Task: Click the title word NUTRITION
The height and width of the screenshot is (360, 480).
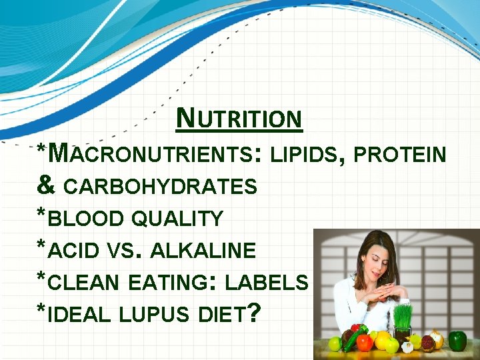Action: coord(240,119)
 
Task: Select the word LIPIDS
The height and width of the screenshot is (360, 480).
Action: coord(306,155)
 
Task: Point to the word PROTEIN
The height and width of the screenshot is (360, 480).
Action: coord(400,155)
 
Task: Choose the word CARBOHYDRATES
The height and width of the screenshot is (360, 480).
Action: coord(160,187)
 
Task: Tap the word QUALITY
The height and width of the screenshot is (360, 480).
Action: coord(177,218)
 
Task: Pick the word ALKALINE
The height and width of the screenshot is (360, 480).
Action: coord(203,251)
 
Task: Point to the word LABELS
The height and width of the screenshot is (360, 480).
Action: coord(267,282)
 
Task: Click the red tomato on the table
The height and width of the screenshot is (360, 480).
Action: coord(364,343)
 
